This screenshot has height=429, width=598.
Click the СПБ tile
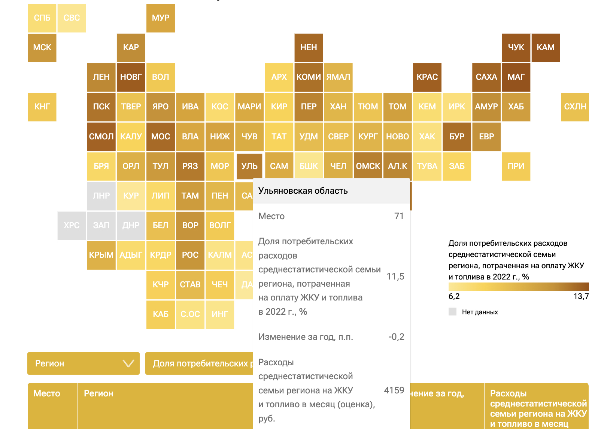pos(42,18)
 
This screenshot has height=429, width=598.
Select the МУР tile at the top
pos(161,18)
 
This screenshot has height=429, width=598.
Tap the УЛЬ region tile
pos(249,166)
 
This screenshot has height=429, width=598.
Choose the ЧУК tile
pos(516,48)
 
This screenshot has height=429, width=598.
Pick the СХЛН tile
pos(575,107)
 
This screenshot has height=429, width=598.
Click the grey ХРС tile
pos(72,226)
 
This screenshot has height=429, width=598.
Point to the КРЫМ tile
pos(101,255)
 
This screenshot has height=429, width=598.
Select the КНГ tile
pos(42,107)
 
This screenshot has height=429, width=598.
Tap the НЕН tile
pos(309,48)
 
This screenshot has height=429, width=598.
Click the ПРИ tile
pos(516,166)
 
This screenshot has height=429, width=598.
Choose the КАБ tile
pos(161,314)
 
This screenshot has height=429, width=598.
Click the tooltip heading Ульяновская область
pos(303,191)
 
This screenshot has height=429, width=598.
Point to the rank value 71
pos(399,216)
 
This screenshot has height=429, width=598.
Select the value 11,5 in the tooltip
pos(395,277)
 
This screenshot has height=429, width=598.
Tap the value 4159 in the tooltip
pos(394,390)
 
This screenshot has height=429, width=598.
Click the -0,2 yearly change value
pos(396,337)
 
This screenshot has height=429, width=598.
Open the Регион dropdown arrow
pos(128,363)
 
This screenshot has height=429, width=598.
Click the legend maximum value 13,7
pos(581,296)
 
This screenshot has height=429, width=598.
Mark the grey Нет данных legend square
pos(453,312)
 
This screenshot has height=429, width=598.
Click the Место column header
pos(47,393)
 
